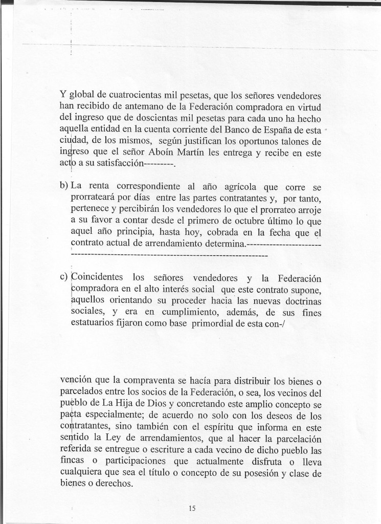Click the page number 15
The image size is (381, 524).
pyautogui.click(x=192, y=508)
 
